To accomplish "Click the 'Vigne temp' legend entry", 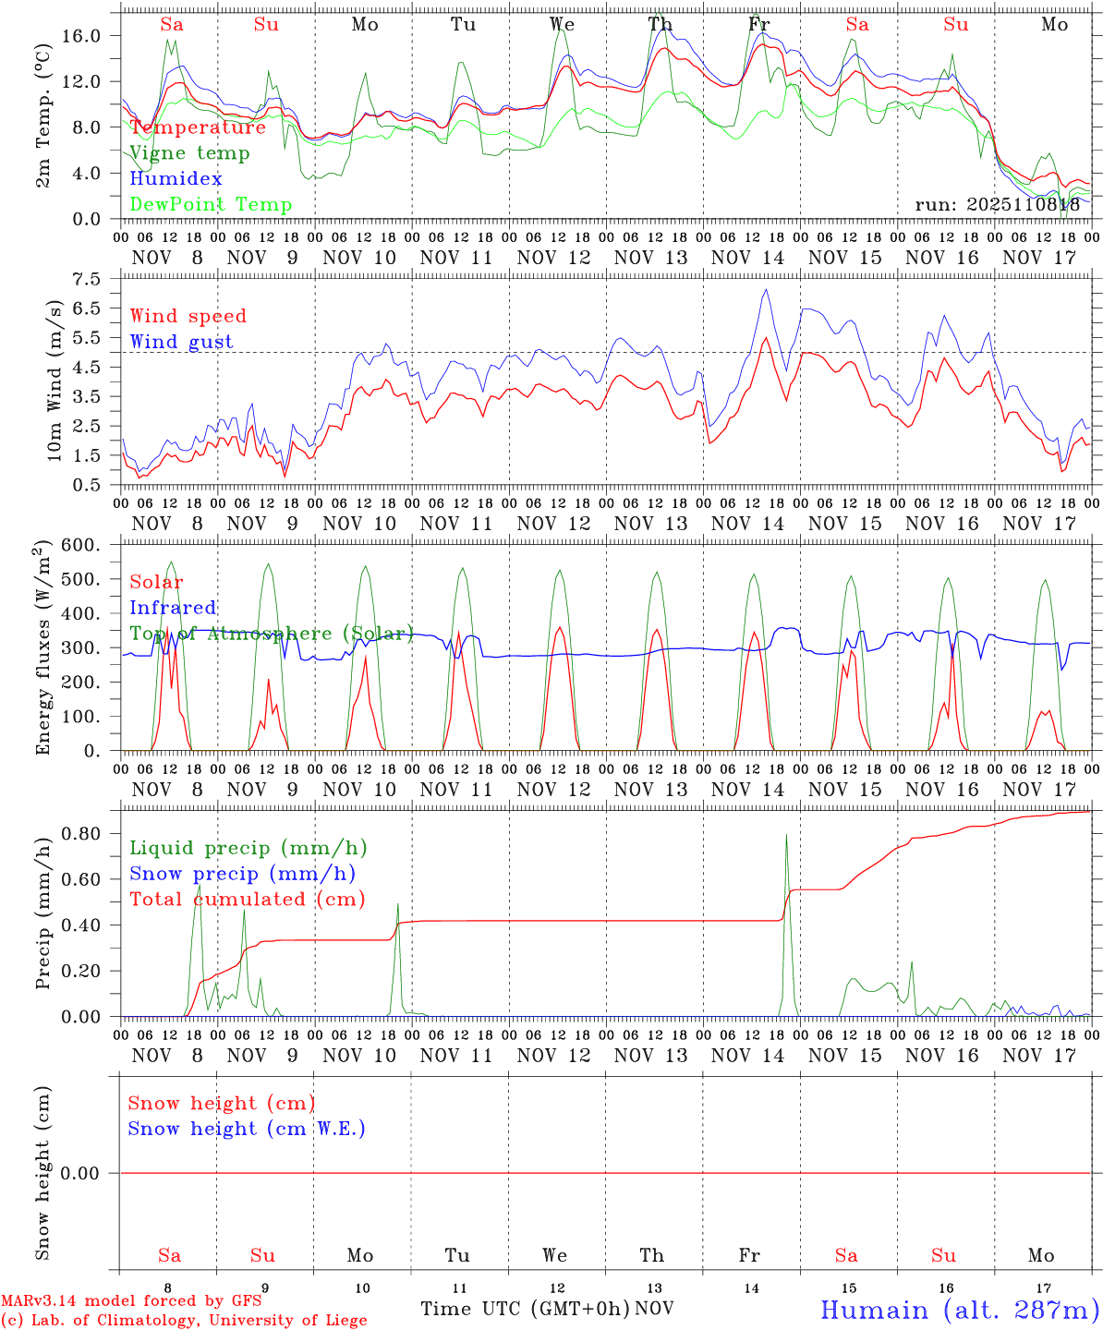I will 189,153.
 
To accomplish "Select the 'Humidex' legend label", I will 176,178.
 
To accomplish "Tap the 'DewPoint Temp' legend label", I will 211,204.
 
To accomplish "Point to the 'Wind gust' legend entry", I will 181,342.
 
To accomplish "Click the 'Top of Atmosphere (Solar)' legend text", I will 271,634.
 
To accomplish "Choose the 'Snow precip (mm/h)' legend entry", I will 242,874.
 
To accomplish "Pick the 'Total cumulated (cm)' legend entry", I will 247,899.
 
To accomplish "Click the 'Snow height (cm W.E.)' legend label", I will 247,1129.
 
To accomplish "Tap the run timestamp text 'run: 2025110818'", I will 997,204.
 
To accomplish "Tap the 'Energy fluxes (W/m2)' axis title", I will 42,650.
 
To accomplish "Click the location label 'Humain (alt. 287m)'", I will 959,1310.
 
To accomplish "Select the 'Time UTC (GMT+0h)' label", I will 525,1309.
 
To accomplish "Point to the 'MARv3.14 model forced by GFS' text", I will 131,1301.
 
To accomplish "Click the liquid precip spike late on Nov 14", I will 786,836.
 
